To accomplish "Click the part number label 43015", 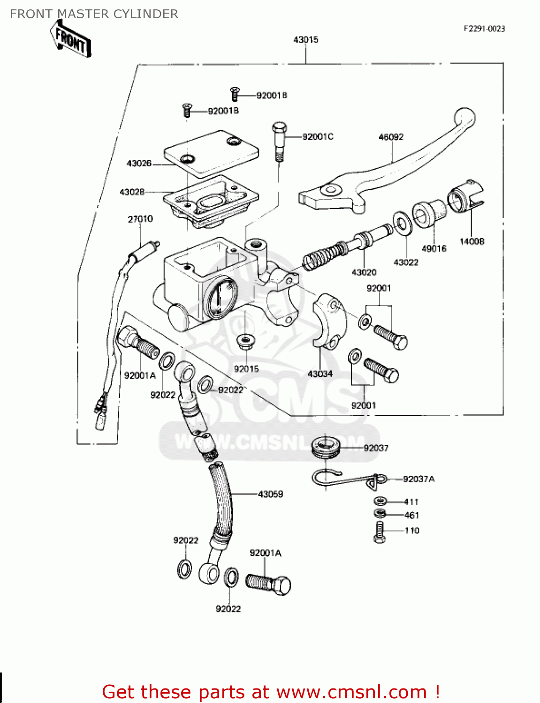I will click(x=305, y=40).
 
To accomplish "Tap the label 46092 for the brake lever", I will click(x=391, y=137).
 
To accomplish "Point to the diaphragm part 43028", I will click(x=211, y=202).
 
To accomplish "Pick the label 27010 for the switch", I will click(x=140, y=219).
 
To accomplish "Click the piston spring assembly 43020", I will click(x=347, y=246).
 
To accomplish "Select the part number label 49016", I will click(x=434, y=249).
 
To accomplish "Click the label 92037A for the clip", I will click(x=418, y=479).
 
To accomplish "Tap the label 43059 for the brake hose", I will click(x=270, y=494).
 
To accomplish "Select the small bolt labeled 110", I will click(x=380, y=532).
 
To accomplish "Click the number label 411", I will click(x=411, y=501).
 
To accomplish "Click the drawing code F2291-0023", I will click(x=484, y=29).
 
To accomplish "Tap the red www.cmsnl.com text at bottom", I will click(x=351, y=692).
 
